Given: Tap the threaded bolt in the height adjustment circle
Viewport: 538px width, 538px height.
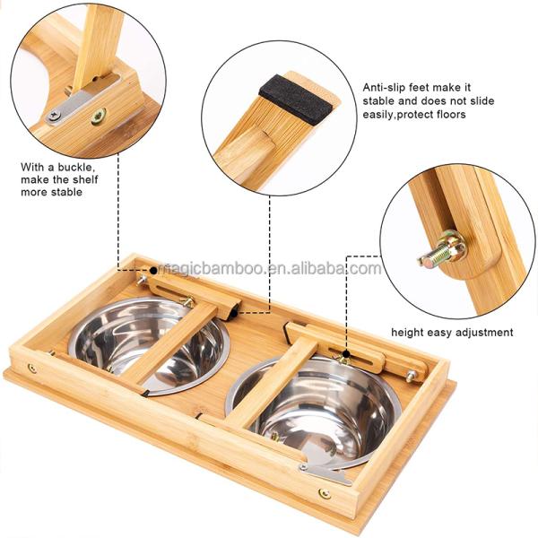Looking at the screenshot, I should click(x=441, y=250).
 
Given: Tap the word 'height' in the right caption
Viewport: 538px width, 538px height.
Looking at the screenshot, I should click(x=408, y=332).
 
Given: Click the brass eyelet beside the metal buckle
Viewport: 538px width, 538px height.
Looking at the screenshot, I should click(x=99, y=116).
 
